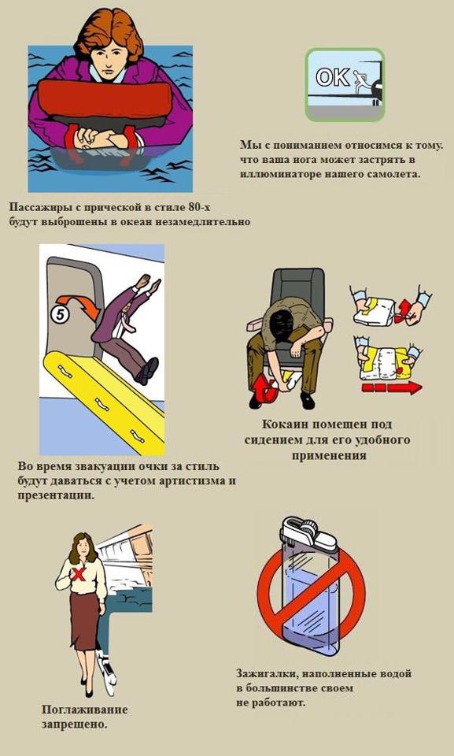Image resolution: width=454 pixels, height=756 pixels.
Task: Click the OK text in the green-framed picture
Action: click(333, 76)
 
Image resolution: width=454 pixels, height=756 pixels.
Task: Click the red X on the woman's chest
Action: click(79, 573)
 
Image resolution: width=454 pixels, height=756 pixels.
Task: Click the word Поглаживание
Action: click(84, 710)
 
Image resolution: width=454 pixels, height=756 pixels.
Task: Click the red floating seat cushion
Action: click(105, 100)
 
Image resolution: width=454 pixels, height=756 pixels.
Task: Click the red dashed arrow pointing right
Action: click(391, 387)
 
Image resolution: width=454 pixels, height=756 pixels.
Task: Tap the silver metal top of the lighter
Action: click(308, 535)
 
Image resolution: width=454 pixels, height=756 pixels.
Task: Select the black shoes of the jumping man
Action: click(147, 371)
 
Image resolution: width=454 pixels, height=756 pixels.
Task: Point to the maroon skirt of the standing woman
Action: click(86, 622)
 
